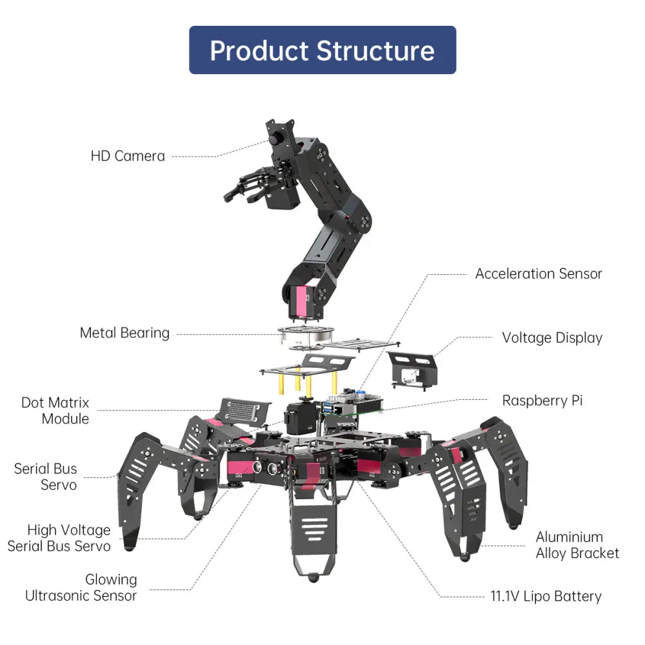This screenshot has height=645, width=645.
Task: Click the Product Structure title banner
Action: (x=322, y=50)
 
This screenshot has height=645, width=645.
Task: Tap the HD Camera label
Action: (x=128, y=156)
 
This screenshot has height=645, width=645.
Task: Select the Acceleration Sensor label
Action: (x=539, y=273)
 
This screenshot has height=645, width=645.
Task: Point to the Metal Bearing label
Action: (x=124, y=333)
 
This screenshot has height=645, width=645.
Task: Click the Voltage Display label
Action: (x=552, y=338)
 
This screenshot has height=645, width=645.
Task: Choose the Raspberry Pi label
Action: (x=542, y=401)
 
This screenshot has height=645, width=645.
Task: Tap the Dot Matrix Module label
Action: (x=55, y=411)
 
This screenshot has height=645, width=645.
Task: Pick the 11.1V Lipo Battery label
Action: (x=546, y=597)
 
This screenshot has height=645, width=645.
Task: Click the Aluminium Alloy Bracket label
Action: (x=577, y=545)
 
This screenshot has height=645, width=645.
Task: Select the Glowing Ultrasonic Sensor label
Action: (x=81, y=588)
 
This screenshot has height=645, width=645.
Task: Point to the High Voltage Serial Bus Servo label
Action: (x=59, y=538)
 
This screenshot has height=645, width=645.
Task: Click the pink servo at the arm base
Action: (x=302, y=303)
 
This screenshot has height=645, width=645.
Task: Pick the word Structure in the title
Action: (x=375, y=50)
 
